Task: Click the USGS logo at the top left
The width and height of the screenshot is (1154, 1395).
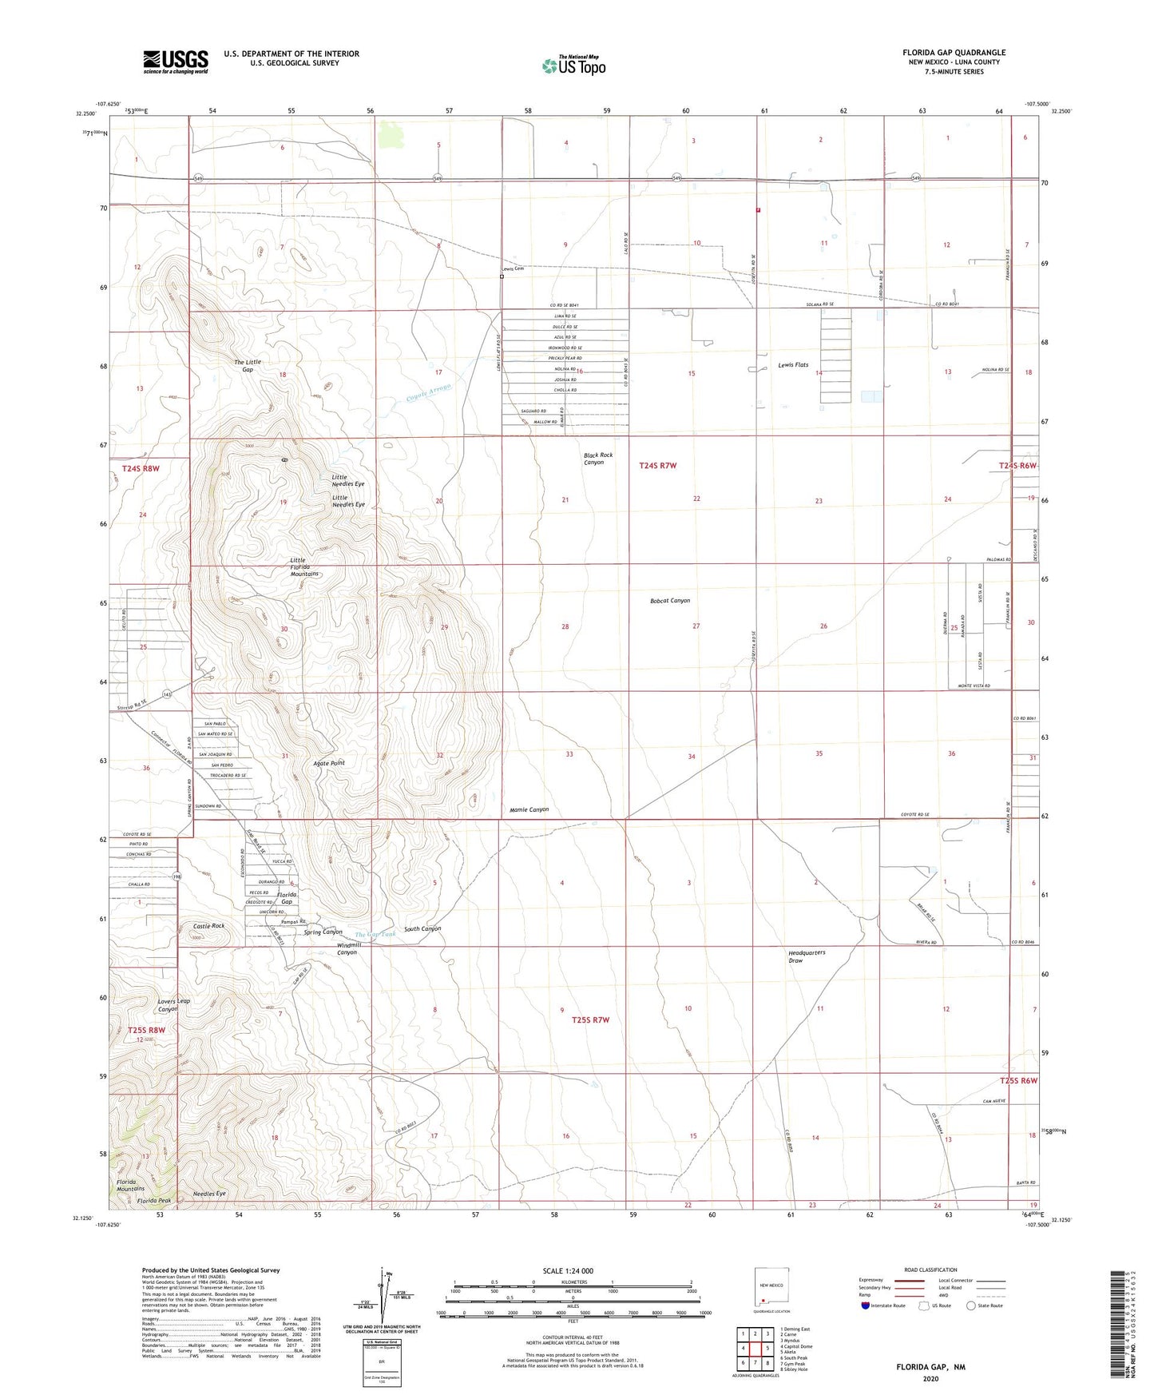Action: click(x=176, y=62)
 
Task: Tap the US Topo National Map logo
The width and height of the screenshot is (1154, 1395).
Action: click(x=574, y=65)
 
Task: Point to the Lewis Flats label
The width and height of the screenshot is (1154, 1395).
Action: click(x=793, y=364)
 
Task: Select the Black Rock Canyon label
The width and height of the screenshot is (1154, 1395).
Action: click(x=598, y=459)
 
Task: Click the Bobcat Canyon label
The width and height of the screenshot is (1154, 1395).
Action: click(x=670, y=601)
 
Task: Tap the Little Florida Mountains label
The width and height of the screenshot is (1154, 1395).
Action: click(x=304, y=567)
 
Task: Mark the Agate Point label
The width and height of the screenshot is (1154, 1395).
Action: click(x=329, y=763)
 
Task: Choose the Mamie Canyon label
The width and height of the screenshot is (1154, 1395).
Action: click(x=529, y=809)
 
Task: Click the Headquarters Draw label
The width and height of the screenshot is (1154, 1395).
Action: click(x=807, y=956)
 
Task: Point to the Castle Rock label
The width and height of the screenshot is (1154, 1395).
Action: click(x=209, y=926)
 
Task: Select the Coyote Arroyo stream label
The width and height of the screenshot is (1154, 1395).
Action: click(x=429, y=392)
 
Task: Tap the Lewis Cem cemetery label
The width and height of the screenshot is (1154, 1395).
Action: click(x=514, y=269)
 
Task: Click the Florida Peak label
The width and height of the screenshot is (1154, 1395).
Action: click(x=153, y=1201)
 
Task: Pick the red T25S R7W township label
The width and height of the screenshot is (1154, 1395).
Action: click(x=591, y=1020)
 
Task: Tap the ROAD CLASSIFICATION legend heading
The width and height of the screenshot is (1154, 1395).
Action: click(x=930, y=1270)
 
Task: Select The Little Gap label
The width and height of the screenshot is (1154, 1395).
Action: click(x=248, y=366)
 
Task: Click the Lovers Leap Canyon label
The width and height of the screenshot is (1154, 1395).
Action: click(x=173, y=1005)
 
